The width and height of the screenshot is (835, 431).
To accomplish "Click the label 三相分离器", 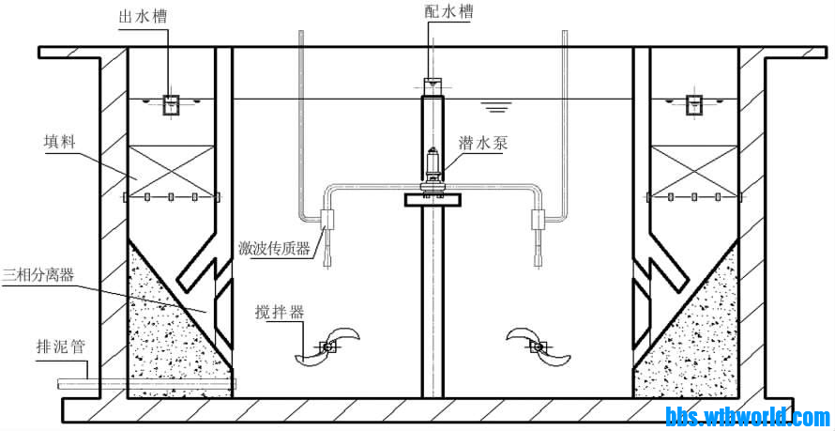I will (39, 273).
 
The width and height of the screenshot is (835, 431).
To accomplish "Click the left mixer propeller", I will (326, 347).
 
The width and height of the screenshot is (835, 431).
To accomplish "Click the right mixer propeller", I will (538, 346).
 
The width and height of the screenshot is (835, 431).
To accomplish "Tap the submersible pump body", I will (433, 169).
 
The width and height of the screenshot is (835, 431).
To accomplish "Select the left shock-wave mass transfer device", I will (327, 223).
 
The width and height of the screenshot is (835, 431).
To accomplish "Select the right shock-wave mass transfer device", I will (539, 223).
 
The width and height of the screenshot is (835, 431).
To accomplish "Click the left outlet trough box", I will (172, 105).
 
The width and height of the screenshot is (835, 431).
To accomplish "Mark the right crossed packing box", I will (693, 169).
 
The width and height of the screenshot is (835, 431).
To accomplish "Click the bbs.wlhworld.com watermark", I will (748, 416).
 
